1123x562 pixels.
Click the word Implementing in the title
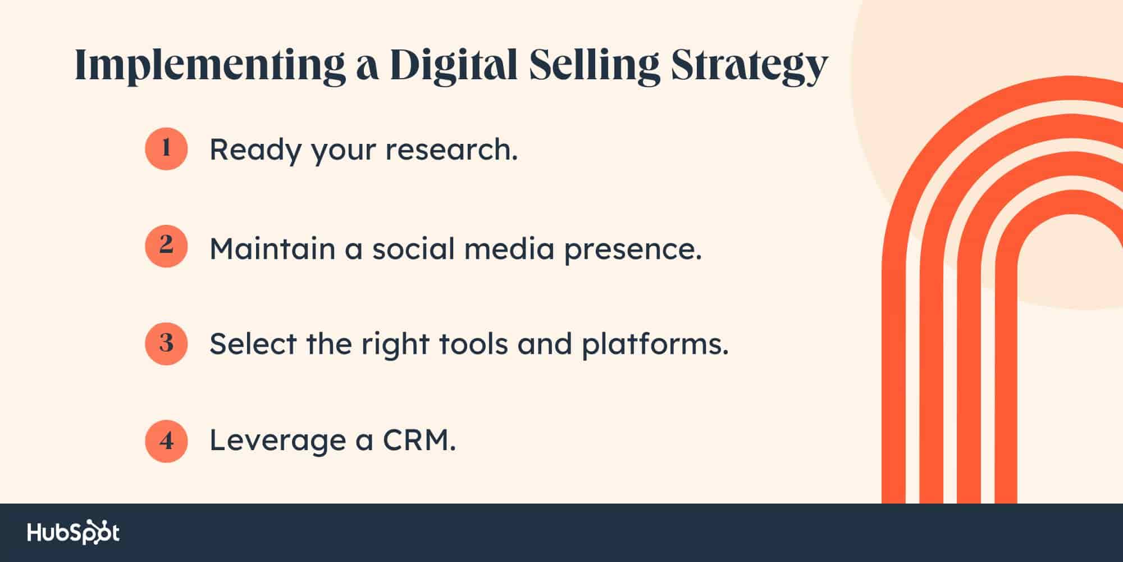(x=210, y=66)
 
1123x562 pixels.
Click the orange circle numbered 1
(x=166, y=148)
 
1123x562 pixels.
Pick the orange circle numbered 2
(x=166, y=246)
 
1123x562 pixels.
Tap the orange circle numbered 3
(x=166, y=343)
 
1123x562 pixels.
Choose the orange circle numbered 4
(x=166, y=441)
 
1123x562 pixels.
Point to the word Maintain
(x=272, y=248)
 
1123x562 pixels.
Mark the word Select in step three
(x=253, y=343)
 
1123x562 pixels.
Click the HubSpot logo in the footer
(x=74, y=533)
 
